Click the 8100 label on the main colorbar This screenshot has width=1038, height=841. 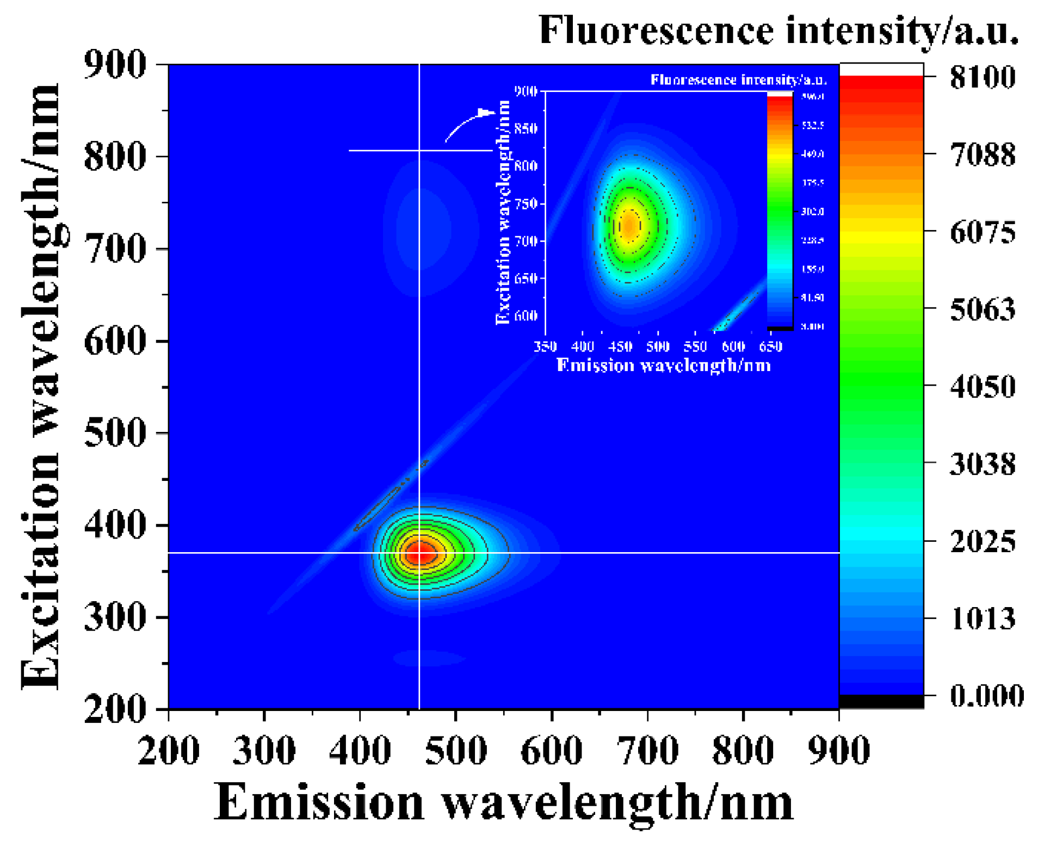click(x=982, y=77)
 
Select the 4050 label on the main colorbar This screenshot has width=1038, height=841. click(x=982, y=387)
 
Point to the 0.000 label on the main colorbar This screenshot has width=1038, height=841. click(x=986, y=695)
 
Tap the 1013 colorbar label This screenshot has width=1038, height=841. click(x=982, y=619)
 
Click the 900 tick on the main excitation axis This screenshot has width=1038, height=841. click(x=115, y=64)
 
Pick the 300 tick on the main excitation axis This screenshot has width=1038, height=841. click(x=115, y=617)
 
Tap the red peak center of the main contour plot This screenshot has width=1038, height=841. click(x=419, y=553)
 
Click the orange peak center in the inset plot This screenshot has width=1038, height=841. click(x=629, y=225)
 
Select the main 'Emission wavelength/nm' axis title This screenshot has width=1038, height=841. click(x=503, y=803)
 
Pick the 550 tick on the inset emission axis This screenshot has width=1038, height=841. click(x=695, y=347)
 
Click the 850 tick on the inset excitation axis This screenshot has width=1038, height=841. click(x=526, y=129)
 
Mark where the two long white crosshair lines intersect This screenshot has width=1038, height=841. click(x=419, y=553)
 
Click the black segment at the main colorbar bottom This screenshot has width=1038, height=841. click(x=881, y=702)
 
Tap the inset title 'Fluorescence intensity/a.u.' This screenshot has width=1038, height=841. click(x=738, y=80)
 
